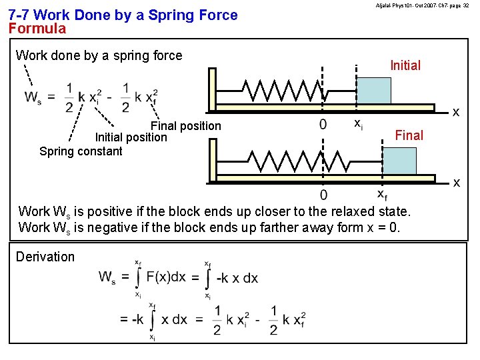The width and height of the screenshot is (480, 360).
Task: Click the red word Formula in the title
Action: [x=37, y=29]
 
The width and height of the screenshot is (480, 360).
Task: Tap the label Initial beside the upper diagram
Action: [x=405, y=65]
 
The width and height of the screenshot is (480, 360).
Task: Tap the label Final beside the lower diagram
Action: [x=409, y=135]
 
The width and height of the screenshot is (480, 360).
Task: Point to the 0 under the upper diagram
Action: [x=323, y=124]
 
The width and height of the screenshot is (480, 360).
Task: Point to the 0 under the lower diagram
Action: [x=323, y=195]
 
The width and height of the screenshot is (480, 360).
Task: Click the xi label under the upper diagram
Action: [x=358, y=123]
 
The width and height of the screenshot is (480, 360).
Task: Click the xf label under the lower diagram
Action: [x=382, y=195]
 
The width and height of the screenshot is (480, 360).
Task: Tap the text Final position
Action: [x=186, y=126]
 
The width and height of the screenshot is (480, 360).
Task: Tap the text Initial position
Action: [x=131, y=137]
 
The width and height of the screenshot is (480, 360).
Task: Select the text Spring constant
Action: [x=81, y=151]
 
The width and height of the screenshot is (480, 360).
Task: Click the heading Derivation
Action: [x=45, y=257]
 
